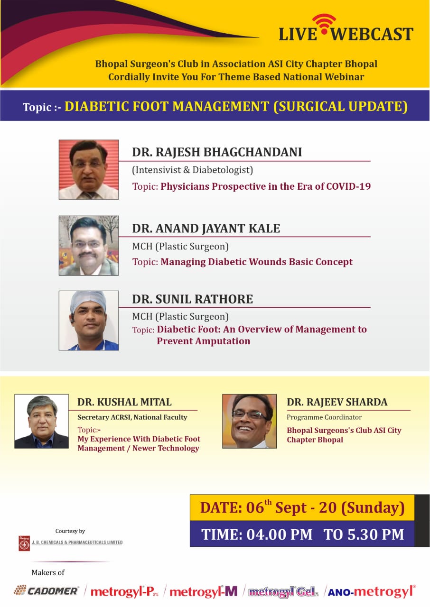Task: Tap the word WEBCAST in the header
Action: (372, 34)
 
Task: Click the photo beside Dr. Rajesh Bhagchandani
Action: (89, 170)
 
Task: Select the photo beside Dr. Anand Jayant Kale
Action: (89, 246)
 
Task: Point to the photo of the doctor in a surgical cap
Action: (89, 321)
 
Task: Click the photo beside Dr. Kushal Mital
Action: (41, 421)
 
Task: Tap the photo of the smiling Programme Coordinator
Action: (250, 421)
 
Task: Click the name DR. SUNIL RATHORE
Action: (193, 299)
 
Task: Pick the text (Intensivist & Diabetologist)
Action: (193, 170)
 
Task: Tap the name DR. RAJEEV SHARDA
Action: (337, 402)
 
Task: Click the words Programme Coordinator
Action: (324, 417)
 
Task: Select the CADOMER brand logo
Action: (47, 590)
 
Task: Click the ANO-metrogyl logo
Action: (372, 591)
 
